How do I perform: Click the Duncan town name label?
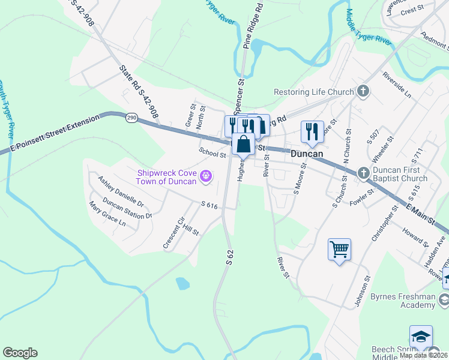coord(307,154)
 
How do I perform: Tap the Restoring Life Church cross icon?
coord(363,92)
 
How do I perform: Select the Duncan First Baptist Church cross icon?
coord(363,173)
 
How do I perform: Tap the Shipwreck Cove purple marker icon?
coord(206,176)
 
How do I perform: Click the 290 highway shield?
coord(131,119)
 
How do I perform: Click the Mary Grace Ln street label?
coord(107,214)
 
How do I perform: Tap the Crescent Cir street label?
coord(172,233)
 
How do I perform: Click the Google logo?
coord(20,353)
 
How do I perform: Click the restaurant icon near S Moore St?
coord(312,132)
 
